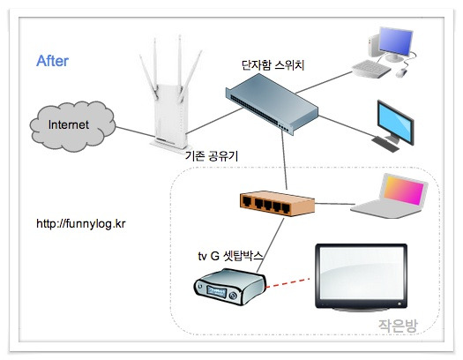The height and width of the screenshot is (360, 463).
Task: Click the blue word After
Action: click(x=52, y=61)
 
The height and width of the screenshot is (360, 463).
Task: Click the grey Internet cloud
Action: click(x=72, y=126)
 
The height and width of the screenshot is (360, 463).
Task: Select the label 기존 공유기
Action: click(x=212, y=155)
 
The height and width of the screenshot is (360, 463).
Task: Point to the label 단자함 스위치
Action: click(x=273, y=65)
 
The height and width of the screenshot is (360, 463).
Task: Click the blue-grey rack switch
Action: click(x=272, y=103)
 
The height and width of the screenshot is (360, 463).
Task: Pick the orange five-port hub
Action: click(x=277, y=204)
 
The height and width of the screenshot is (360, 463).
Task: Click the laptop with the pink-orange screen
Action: click(x=389, y=196)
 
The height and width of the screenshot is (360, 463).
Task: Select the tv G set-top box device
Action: click(x=229, y=287)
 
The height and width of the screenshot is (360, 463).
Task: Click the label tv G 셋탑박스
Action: click(x=230, y=256)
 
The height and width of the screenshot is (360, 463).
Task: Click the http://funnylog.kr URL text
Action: click(x=81, y=223)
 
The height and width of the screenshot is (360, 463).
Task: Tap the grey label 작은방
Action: click(x=398, y=326)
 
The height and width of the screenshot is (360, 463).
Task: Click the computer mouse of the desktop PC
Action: click(x=401, y=72)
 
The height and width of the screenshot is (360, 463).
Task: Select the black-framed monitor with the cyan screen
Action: click(x=393, y=126)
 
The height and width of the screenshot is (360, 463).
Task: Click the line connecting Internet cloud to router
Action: click(x=135, y=132)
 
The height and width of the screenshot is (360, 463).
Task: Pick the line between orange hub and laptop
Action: click(x=335, y=204)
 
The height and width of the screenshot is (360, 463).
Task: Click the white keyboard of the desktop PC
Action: click(x=371, y=69)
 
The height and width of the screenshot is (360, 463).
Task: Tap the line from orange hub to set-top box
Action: click(x=270, y=245)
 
